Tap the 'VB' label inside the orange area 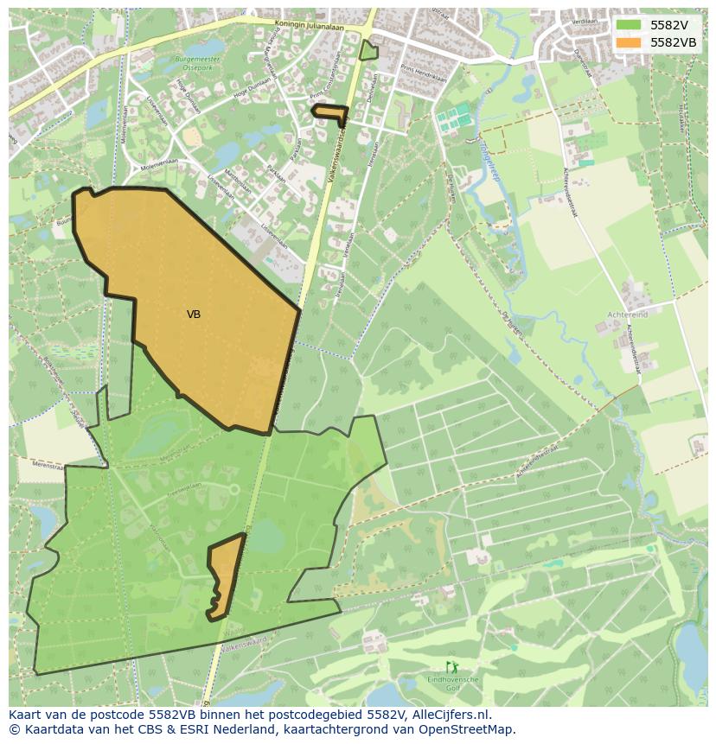(x=194, y=315)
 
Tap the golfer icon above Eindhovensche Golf (x=451, y=667)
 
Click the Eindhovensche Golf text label (x=452, y=685)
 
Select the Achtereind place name (x=627, y=315)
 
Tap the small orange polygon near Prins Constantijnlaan (x=329, y=112)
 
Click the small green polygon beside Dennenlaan (x=369, y=51)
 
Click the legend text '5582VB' (x=673, y=42)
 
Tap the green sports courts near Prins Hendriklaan (x=454, y=118)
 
